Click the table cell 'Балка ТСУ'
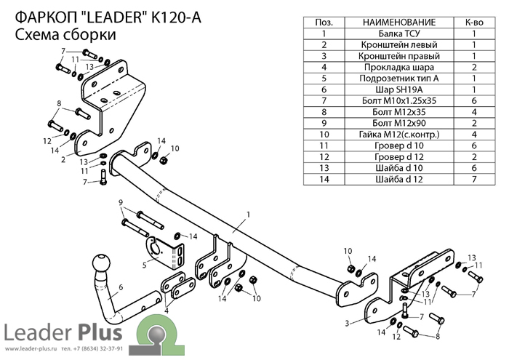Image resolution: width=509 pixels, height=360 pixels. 398,33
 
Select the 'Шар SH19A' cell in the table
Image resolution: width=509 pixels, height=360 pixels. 398,89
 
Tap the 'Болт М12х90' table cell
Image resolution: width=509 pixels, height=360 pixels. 398,123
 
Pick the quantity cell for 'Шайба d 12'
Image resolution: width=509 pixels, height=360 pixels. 474,179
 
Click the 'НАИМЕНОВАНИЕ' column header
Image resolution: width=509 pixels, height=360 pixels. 398,23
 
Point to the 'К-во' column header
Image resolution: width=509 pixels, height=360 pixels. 474,23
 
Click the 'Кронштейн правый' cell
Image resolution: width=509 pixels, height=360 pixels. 398,56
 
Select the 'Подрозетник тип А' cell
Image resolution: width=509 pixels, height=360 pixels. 398,79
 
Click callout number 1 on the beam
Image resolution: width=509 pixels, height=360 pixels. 249,215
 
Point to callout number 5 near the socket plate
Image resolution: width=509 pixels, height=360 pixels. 145,265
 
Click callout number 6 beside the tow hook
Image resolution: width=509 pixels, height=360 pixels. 121,287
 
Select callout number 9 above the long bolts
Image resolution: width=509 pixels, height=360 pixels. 121,203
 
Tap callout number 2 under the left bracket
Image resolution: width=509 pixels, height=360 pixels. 63,160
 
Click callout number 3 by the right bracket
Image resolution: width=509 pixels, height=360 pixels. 347,324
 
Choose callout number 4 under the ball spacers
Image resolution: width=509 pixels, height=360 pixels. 167,311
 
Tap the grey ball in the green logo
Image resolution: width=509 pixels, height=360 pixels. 157,335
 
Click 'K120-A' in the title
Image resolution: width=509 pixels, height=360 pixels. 176,17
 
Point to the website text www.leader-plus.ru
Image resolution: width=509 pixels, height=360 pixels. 31,349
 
